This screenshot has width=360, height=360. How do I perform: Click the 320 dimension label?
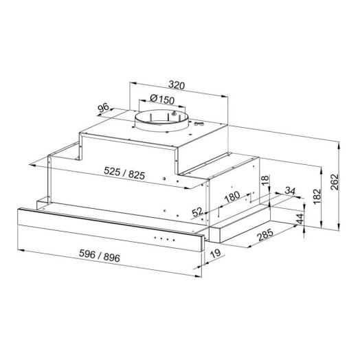tap(177, 85)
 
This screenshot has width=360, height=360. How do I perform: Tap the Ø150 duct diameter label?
tap(162, 99)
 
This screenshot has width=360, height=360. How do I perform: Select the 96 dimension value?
tap(103, 108)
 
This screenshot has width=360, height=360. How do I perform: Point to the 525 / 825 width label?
tap(124, 173)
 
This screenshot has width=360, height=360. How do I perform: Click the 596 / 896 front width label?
tap(100, 256)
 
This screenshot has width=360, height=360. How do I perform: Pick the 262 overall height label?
tap(335, 182)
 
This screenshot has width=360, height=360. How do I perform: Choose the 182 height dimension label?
tap(317, 196)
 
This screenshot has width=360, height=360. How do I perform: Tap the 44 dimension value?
tap(300, 218)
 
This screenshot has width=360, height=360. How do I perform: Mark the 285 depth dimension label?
tap(265, 235)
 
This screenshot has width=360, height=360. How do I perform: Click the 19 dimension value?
tap(216, 254)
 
